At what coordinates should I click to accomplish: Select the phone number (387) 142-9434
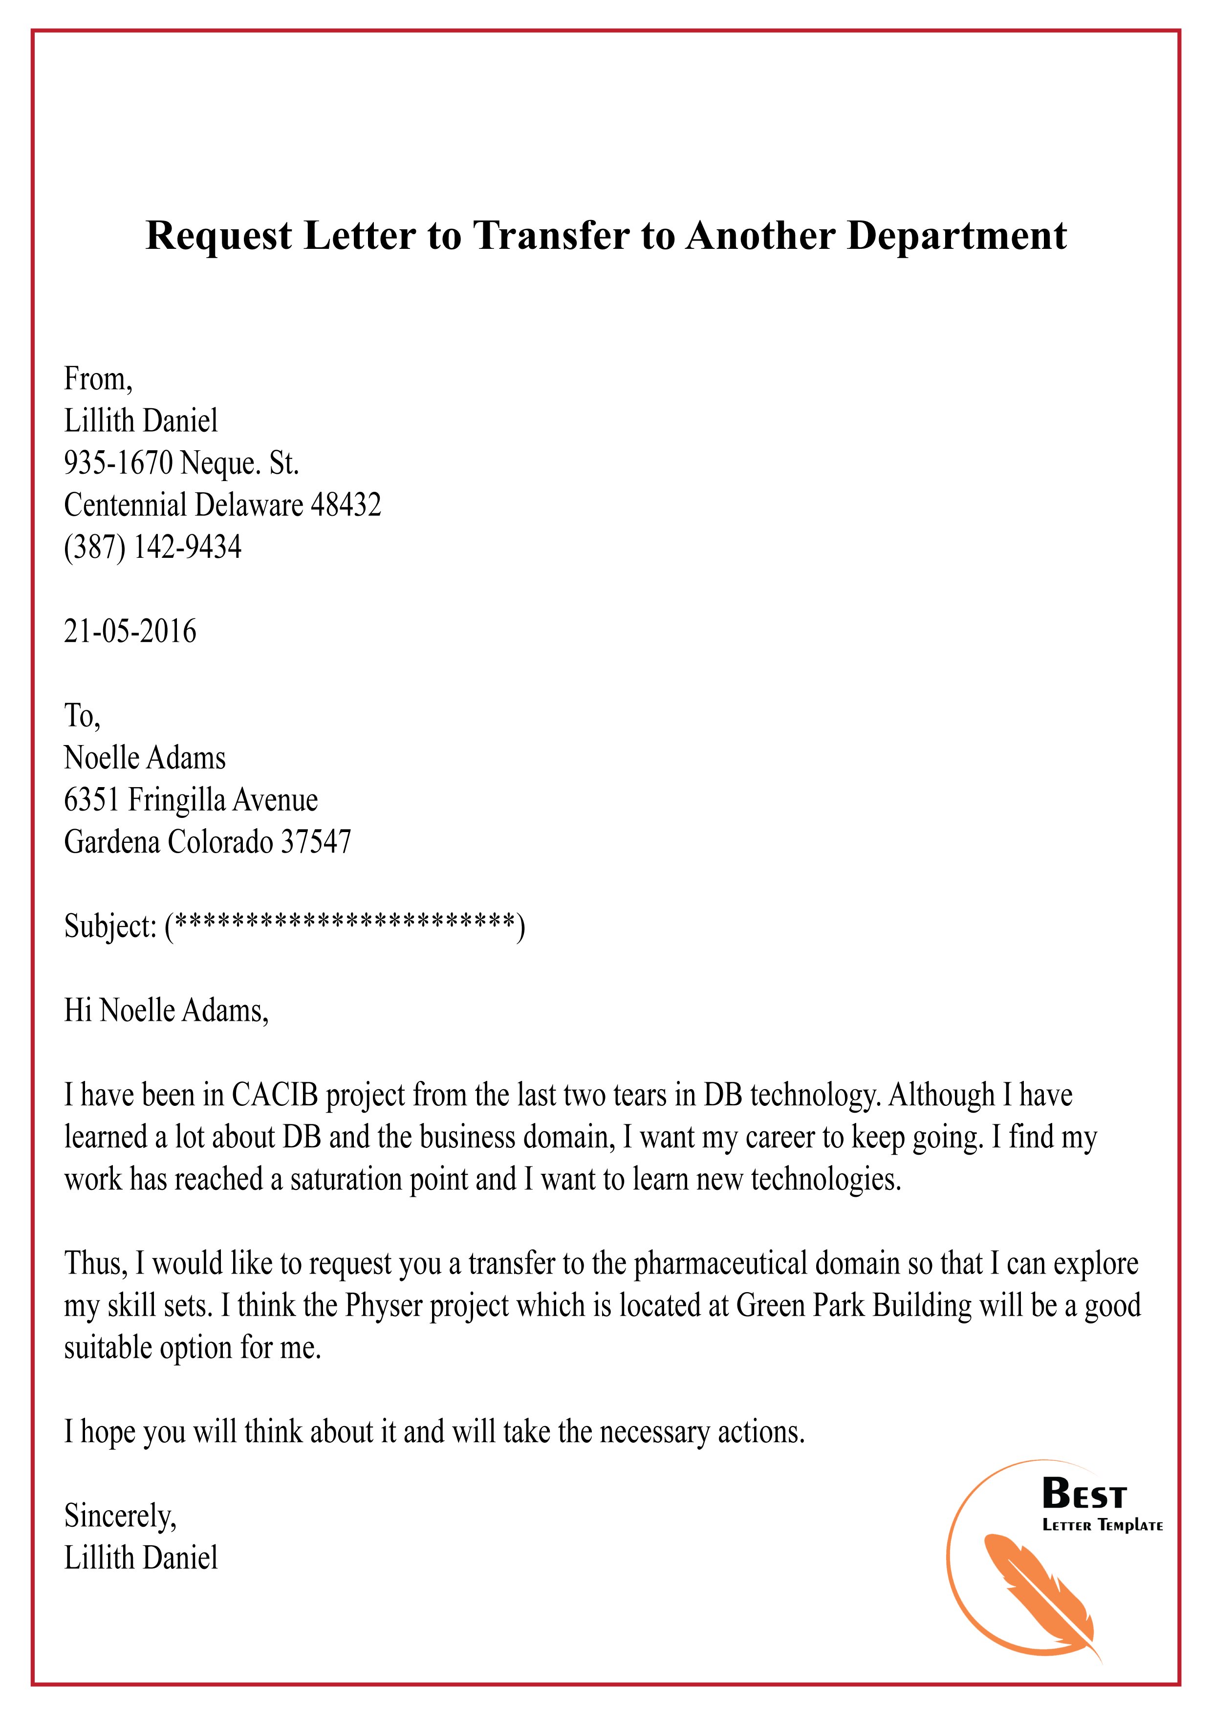[x=153, y=548]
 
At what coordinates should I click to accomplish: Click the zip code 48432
[x=346, y=506]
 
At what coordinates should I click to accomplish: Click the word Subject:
[x=110, y=927]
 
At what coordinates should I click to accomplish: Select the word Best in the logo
[x=1083, y=1495]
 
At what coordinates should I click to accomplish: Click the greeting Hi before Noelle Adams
[x=78, y=1011]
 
